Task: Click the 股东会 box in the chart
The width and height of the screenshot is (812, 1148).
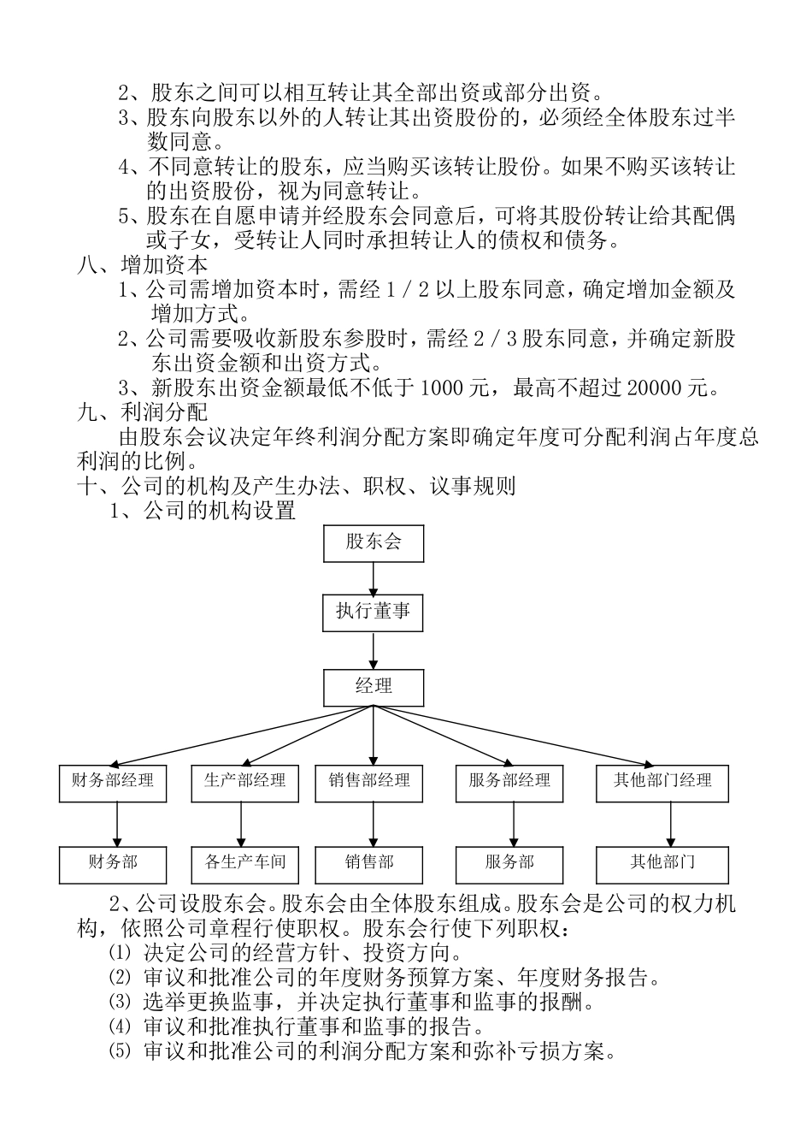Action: pos(374,542)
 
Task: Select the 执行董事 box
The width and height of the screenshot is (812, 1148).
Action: pos(374,612)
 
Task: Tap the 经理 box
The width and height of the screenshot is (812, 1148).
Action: pos(374,686)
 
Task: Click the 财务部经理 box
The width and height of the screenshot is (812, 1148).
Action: pos(113,782)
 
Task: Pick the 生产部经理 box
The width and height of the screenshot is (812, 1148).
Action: pos(245,782)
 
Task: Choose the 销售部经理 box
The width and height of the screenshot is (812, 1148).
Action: pos(369,782)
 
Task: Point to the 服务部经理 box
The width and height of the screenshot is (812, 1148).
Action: pos(509,782)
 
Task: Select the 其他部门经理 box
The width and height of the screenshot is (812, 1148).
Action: pos(662,782)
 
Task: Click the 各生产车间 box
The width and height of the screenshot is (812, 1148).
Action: pos(245,863)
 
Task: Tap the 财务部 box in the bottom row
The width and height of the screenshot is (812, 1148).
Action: pos(113,863)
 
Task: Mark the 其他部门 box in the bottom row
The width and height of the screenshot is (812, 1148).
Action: pos(662,863)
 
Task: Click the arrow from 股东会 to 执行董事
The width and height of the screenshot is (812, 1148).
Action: pos(374,577)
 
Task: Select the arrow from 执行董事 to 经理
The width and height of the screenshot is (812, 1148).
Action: pos(374,650)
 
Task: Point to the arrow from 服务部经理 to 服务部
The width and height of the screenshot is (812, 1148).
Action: pos(512,825)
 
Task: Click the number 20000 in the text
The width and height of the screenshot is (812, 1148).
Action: pos(654,388)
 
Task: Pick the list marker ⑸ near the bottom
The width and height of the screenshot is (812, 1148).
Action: pos(121,1051)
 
